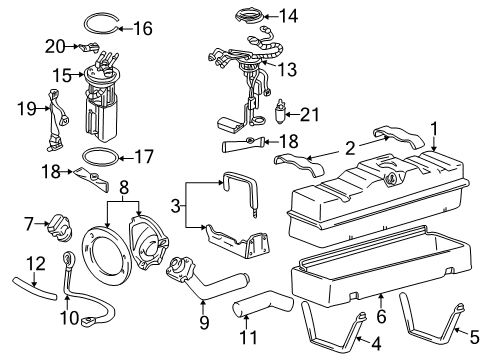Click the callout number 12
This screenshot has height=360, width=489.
point(35,264)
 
